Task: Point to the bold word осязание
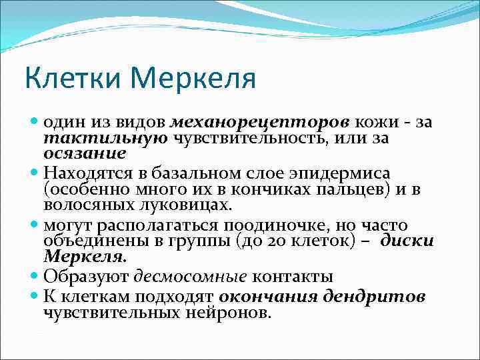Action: [x=85, y=153]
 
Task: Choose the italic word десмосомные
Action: [x=175, y=275]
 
